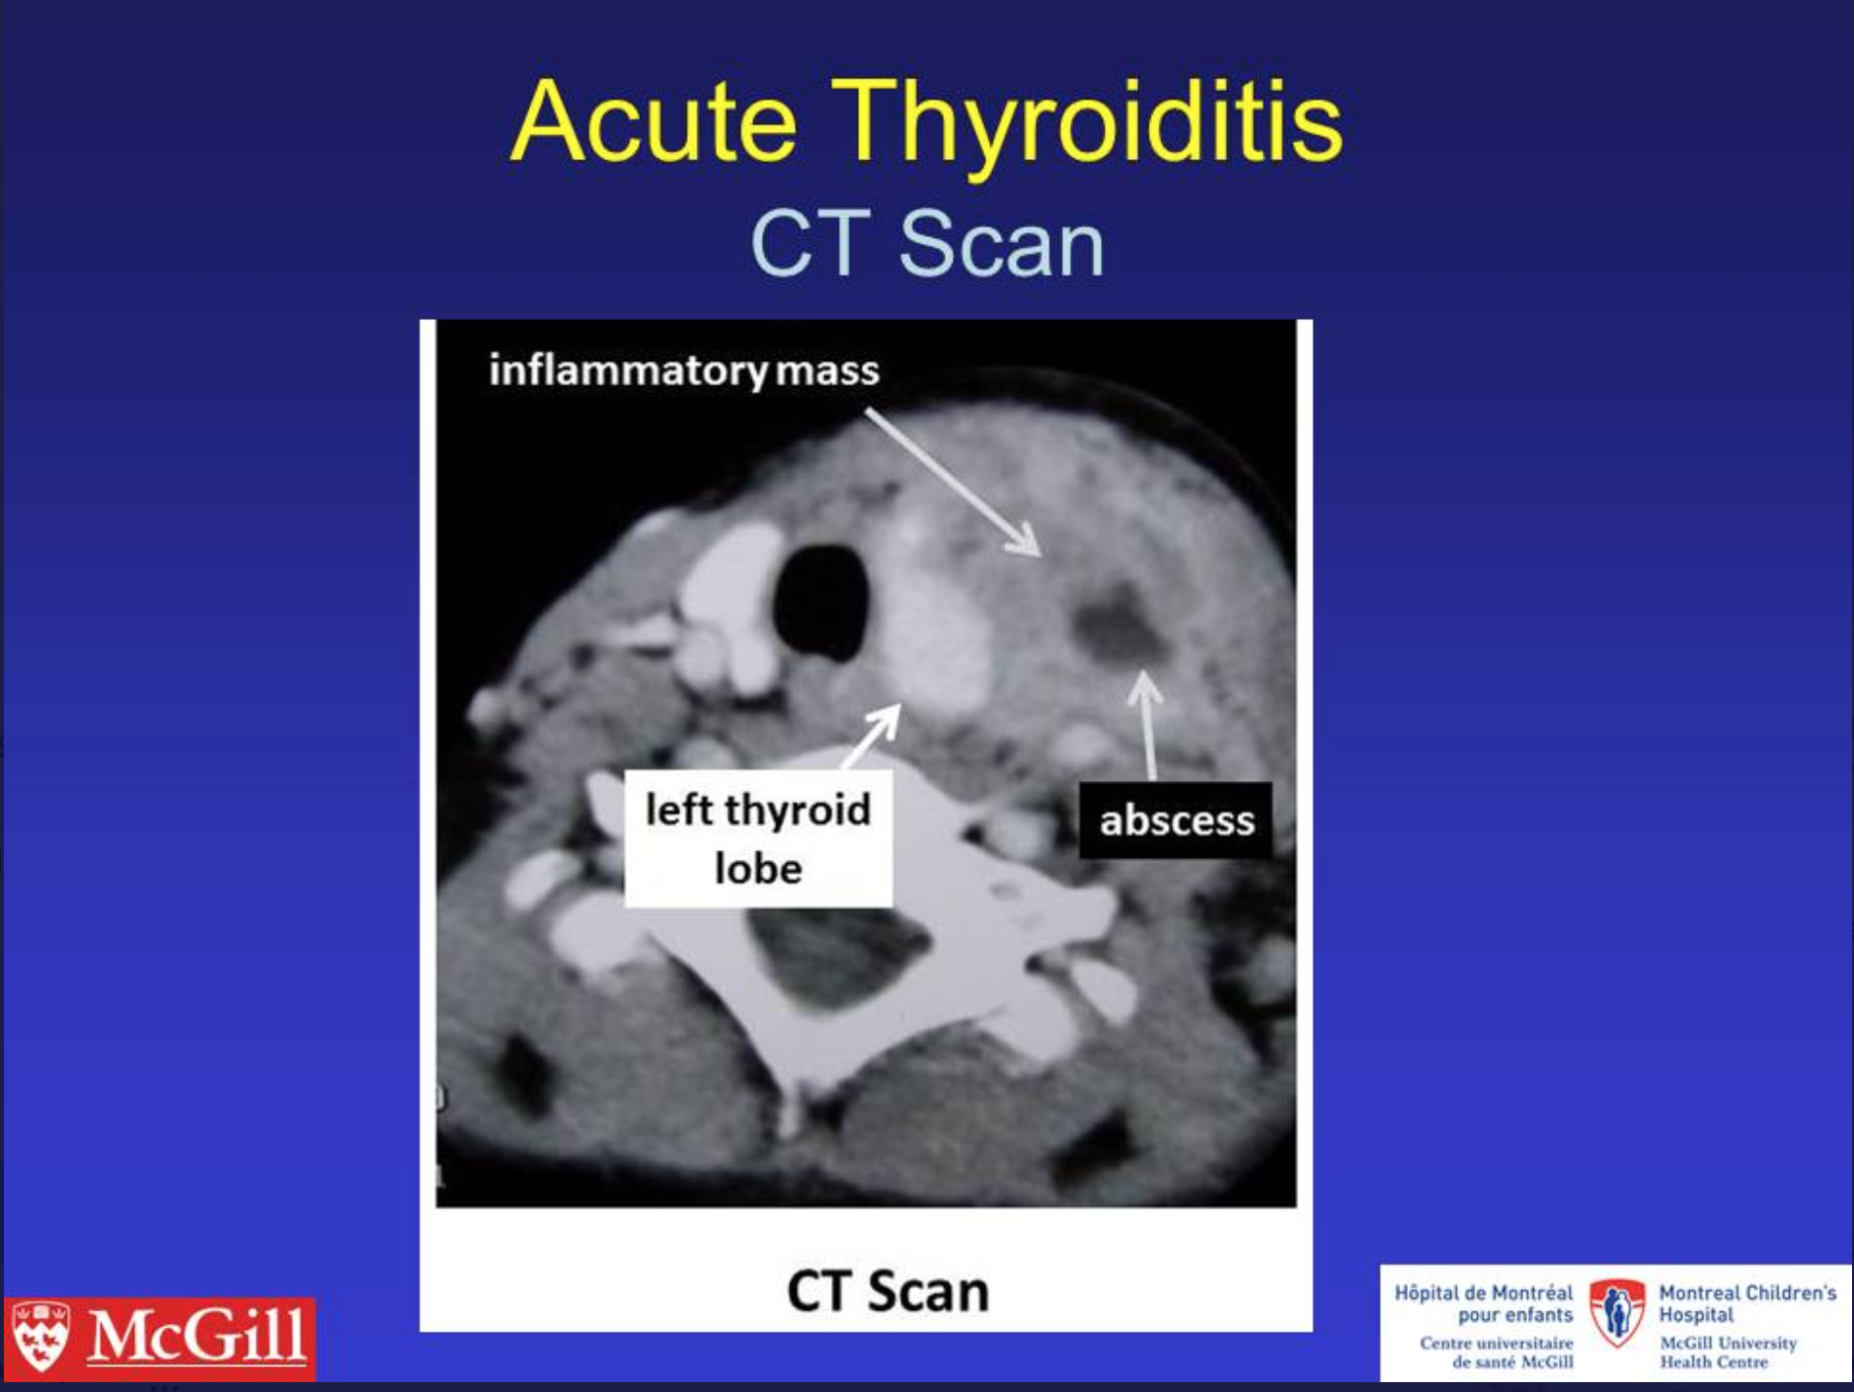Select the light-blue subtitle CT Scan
[927, 244]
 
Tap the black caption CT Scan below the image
[888, 1290]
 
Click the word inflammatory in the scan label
[628, 371]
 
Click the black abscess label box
[1176, 819]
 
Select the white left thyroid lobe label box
[758, 838]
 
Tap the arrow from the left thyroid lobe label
[871, 735]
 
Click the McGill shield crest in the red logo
[39, 1337]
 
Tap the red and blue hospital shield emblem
[1617, 1313]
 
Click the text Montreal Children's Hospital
[1747, 1303]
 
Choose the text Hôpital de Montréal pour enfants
[1484, 1303]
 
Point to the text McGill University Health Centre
[1728, 1353]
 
